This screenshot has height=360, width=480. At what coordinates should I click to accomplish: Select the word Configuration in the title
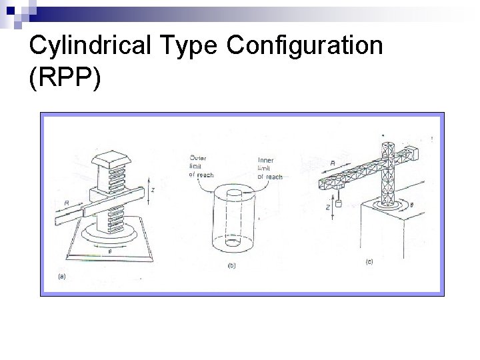(305, 46)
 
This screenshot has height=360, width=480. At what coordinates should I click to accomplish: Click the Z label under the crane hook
(328, 207)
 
